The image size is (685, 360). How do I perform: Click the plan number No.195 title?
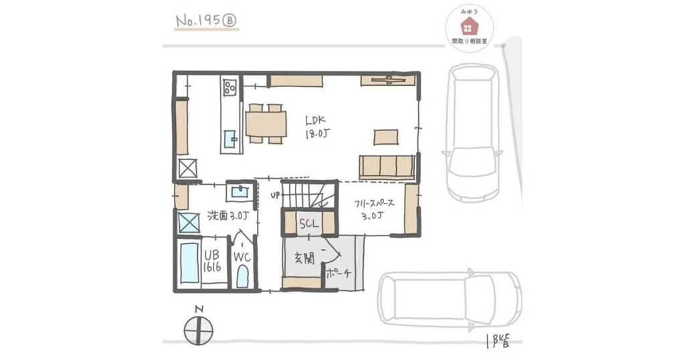click(206, 21)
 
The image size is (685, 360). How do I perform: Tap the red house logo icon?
click(470, 27)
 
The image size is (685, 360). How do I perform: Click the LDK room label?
click(316, 120)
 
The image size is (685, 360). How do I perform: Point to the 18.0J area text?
click(316, 133)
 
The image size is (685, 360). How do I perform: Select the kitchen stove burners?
click(230, 88)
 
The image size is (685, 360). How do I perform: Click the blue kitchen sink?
click(229, 139)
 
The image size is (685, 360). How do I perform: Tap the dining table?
click(266, 124)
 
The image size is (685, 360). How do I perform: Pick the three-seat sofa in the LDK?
click(387, 167)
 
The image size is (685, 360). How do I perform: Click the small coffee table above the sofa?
click(386, 137)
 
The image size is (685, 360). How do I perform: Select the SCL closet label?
click(309, 223)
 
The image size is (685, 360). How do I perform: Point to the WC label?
click(241, 258)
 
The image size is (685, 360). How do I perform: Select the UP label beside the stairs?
click(275, 196)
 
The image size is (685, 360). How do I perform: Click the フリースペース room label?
click(375, 204)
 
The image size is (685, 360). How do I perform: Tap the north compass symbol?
click(198, 331)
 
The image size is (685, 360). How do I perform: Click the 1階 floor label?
click(497, 340)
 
